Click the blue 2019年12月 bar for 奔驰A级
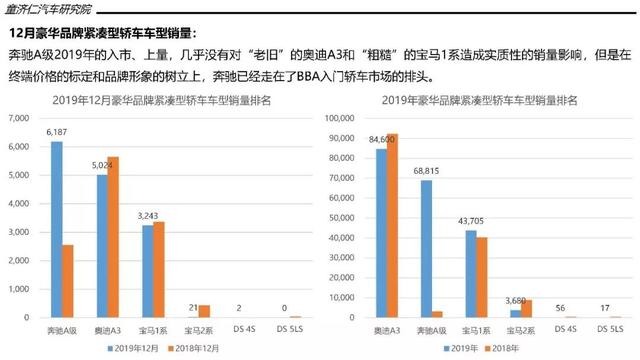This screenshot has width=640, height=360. (57, 229)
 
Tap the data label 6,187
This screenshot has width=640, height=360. (58, 132)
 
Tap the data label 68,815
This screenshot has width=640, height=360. (426, 172)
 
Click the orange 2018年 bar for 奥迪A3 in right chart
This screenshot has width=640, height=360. (392, 225)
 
